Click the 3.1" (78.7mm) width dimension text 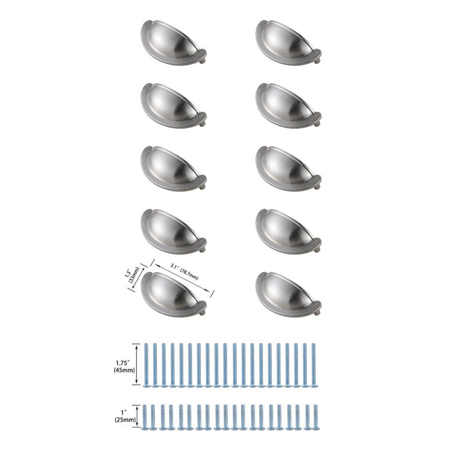pyautogui.click(x=185, y=271)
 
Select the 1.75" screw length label pyautogui.click(x=121, y=361)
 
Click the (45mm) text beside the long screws pyautogui.click(x=121, y=370)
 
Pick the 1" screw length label pyautogui.click(x=124, y=411)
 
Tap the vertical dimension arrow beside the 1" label pyautogui.click(x=136, y=416)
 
